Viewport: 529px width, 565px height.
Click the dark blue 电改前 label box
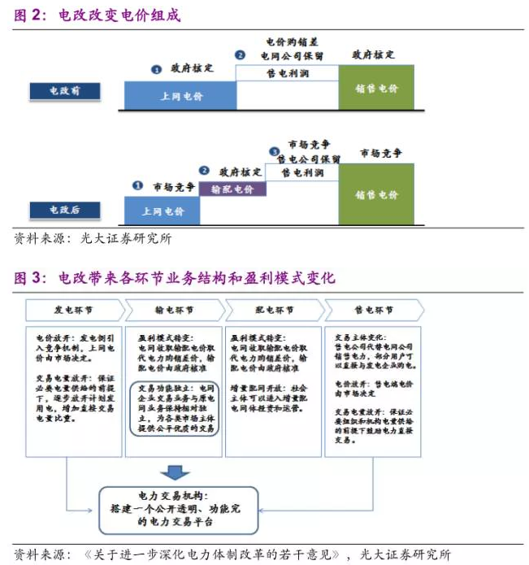64,92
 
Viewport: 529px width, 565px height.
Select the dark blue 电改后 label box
65,210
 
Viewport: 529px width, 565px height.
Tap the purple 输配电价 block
232,189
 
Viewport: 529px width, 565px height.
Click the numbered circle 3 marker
275,151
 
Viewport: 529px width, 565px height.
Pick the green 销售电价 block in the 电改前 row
376,88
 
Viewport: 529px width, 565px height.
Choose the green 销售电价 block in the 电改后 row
376,195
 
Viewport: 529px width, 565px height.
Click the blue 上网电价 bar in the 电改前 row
179,96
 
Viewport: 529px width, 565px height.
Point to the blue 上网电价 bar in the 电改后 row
161,211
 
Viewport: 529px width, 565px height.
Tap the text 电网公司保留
292,55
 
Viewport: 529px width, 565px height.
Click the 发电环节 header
75,311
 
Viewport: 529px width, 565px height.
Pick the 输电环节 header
174,311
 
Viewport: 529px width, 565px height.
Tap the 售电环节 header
373,311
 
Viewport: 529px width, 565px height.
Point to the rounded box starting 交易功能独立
174,409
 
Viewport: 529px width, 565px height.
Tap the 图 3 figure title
174,277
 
